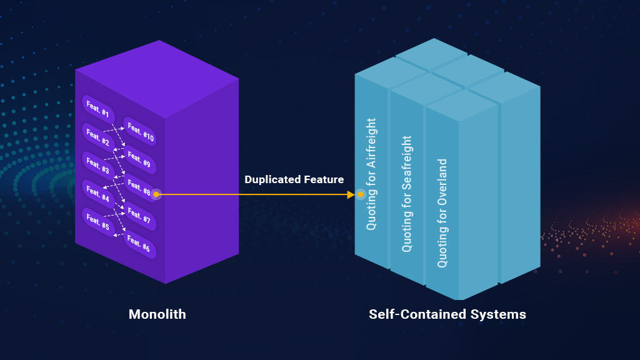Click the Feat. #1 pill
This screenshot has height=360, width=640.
point(98,109)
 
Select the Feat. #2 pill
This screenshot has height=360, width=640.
point(98,138)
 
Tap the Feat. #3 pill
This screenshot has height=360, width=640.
point(98,166)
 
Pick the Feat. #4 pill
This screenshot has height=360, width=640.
point(98,194)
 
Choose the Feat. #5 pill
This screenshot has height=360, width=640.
point(98,222)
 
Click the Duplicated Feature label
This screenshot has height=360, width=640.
point(294,180)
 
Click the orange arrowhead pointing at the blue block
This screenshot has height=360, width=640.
point(351,195)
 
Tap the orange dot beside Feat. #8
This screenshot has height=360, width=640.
point(156,195)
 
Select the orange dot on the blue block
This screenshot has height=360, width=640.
point(361,195)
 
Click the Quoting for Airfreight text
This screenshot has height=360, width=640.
point(372,174)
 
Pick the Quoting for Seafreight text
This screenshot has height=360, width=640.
point(407,194)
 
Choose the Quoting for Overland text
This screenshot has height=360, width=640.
point(442,213)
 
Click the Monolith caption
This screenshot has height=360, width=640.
point(157,314)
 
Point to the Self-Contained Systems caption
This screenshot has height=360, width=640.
point(447,314)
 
